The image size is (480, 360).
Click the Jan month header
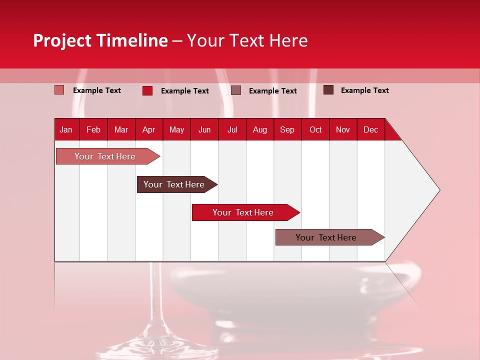tap(66, 129)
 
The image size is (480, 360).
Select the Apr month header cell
tap(148, 129)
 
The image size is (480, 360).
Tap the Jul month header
tap(232, 129)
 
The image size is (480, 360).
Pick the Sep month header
tap(287, 129)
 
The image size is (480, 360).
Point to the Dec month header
tap(370, 129)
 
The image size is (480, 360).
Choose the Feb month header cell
tap(93, 129)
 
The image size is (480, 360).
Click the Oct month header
tap(315, 129)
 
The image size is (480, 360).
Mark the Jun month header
tap(204, 129)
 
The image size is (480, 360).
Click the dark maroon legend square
tap(328, 90)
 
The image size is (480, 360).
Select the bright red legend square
tap(147, 90)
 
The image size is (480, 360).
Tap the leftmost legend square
tap(59, 90)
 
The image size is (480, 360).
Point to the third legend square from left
tap(236, 90)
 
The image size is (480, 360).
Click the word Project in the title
tap(62, 40)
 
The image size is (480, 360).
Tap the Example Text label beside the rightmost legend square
tap(364, 90)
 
